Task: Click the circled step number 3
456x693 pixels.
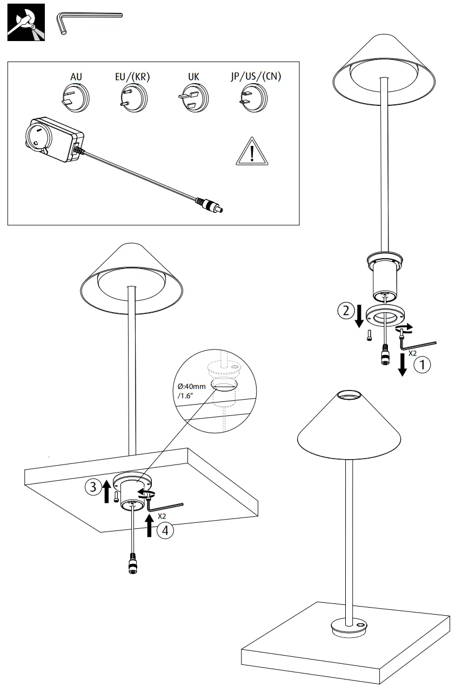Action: [92, 487]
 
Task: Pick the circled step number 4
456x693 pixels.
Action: [165, 530]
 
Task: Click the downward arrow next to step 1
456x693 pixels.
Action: [401, 365]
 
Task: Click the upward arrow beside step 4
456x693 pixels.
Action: [150, 524]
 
